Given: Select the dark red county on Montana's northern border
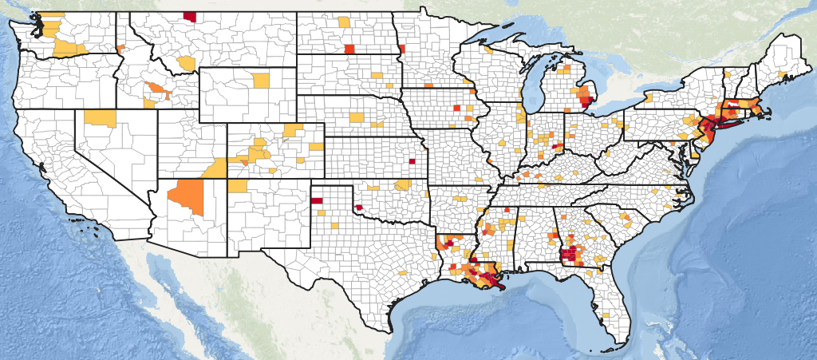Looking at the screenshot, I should coord(190,15).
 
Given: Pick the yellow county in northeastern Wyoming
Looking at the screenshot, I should coord(261,80).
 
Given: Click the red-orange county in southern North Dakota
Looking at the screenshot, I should coord(349,49).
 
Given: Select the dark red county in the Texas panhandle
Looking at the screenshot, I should coord(316,200).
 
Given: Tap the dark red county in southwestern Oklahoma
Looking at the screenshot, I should coord(359,208).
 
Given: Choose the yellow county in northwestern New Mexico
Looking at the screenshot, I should coord(238,186).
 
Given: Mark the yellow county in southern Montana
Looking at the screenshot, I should coord(187,62).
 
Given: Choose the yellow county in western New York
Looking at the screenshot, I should coord(649,97).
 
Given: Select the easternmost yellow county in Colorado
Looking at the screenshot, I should coord(317,146).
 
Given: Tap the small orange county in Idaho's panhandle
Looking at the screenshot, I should coord(120,49).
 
